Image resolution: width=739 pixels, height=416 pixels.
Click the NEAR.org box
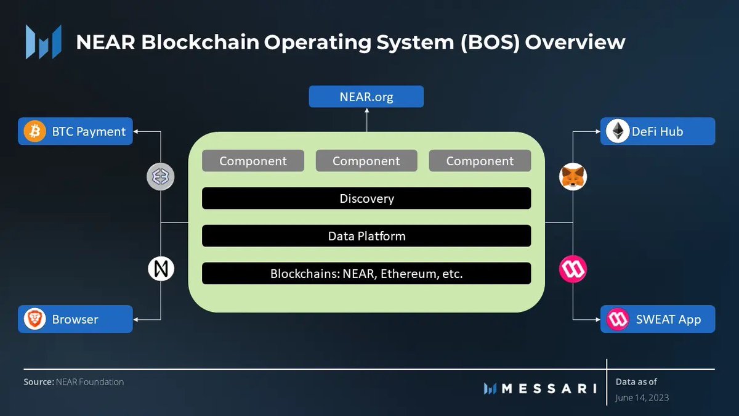(366, 97)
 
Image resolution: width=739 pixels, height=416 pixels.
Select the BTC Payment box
(75, 131)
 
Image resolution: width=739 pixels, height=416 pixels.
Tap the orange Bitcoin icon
(34, 131)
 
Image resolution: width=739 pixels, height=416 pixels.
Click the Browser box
(75, 319)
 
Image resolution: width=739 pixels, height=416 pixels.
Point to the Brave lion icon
(34, 319)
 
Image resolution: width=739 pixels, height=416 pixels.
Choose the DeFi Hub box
(658, 131)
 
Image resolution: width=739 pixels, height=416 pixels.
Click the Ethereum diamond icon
(617, 131)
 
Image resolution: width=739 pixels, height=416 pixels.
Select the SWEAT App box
(658, 319)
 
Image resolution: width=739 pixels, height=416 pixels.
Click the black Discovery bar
(366, 198)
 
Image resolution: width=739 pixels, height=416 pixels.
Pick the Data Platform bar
(366, 236)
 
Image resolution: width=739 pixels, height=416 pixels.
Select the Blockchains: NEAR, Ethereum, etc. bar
(366, 274)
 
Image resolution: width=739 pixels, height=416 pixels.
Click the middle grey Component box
(366, 161)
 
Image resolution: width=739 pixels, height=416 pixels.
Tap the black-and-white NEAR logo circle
(161, 269)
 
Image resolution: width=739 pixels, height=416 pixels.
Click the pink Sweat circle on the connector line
(573, 269)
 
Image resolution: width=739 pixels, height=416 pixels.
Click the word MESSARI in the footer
(549, 388)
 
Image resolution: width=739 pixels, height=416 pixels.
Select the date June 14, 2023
(642, 398)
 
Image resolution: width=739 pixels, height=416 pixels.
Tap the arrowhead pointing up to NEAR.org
(366, 112)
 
